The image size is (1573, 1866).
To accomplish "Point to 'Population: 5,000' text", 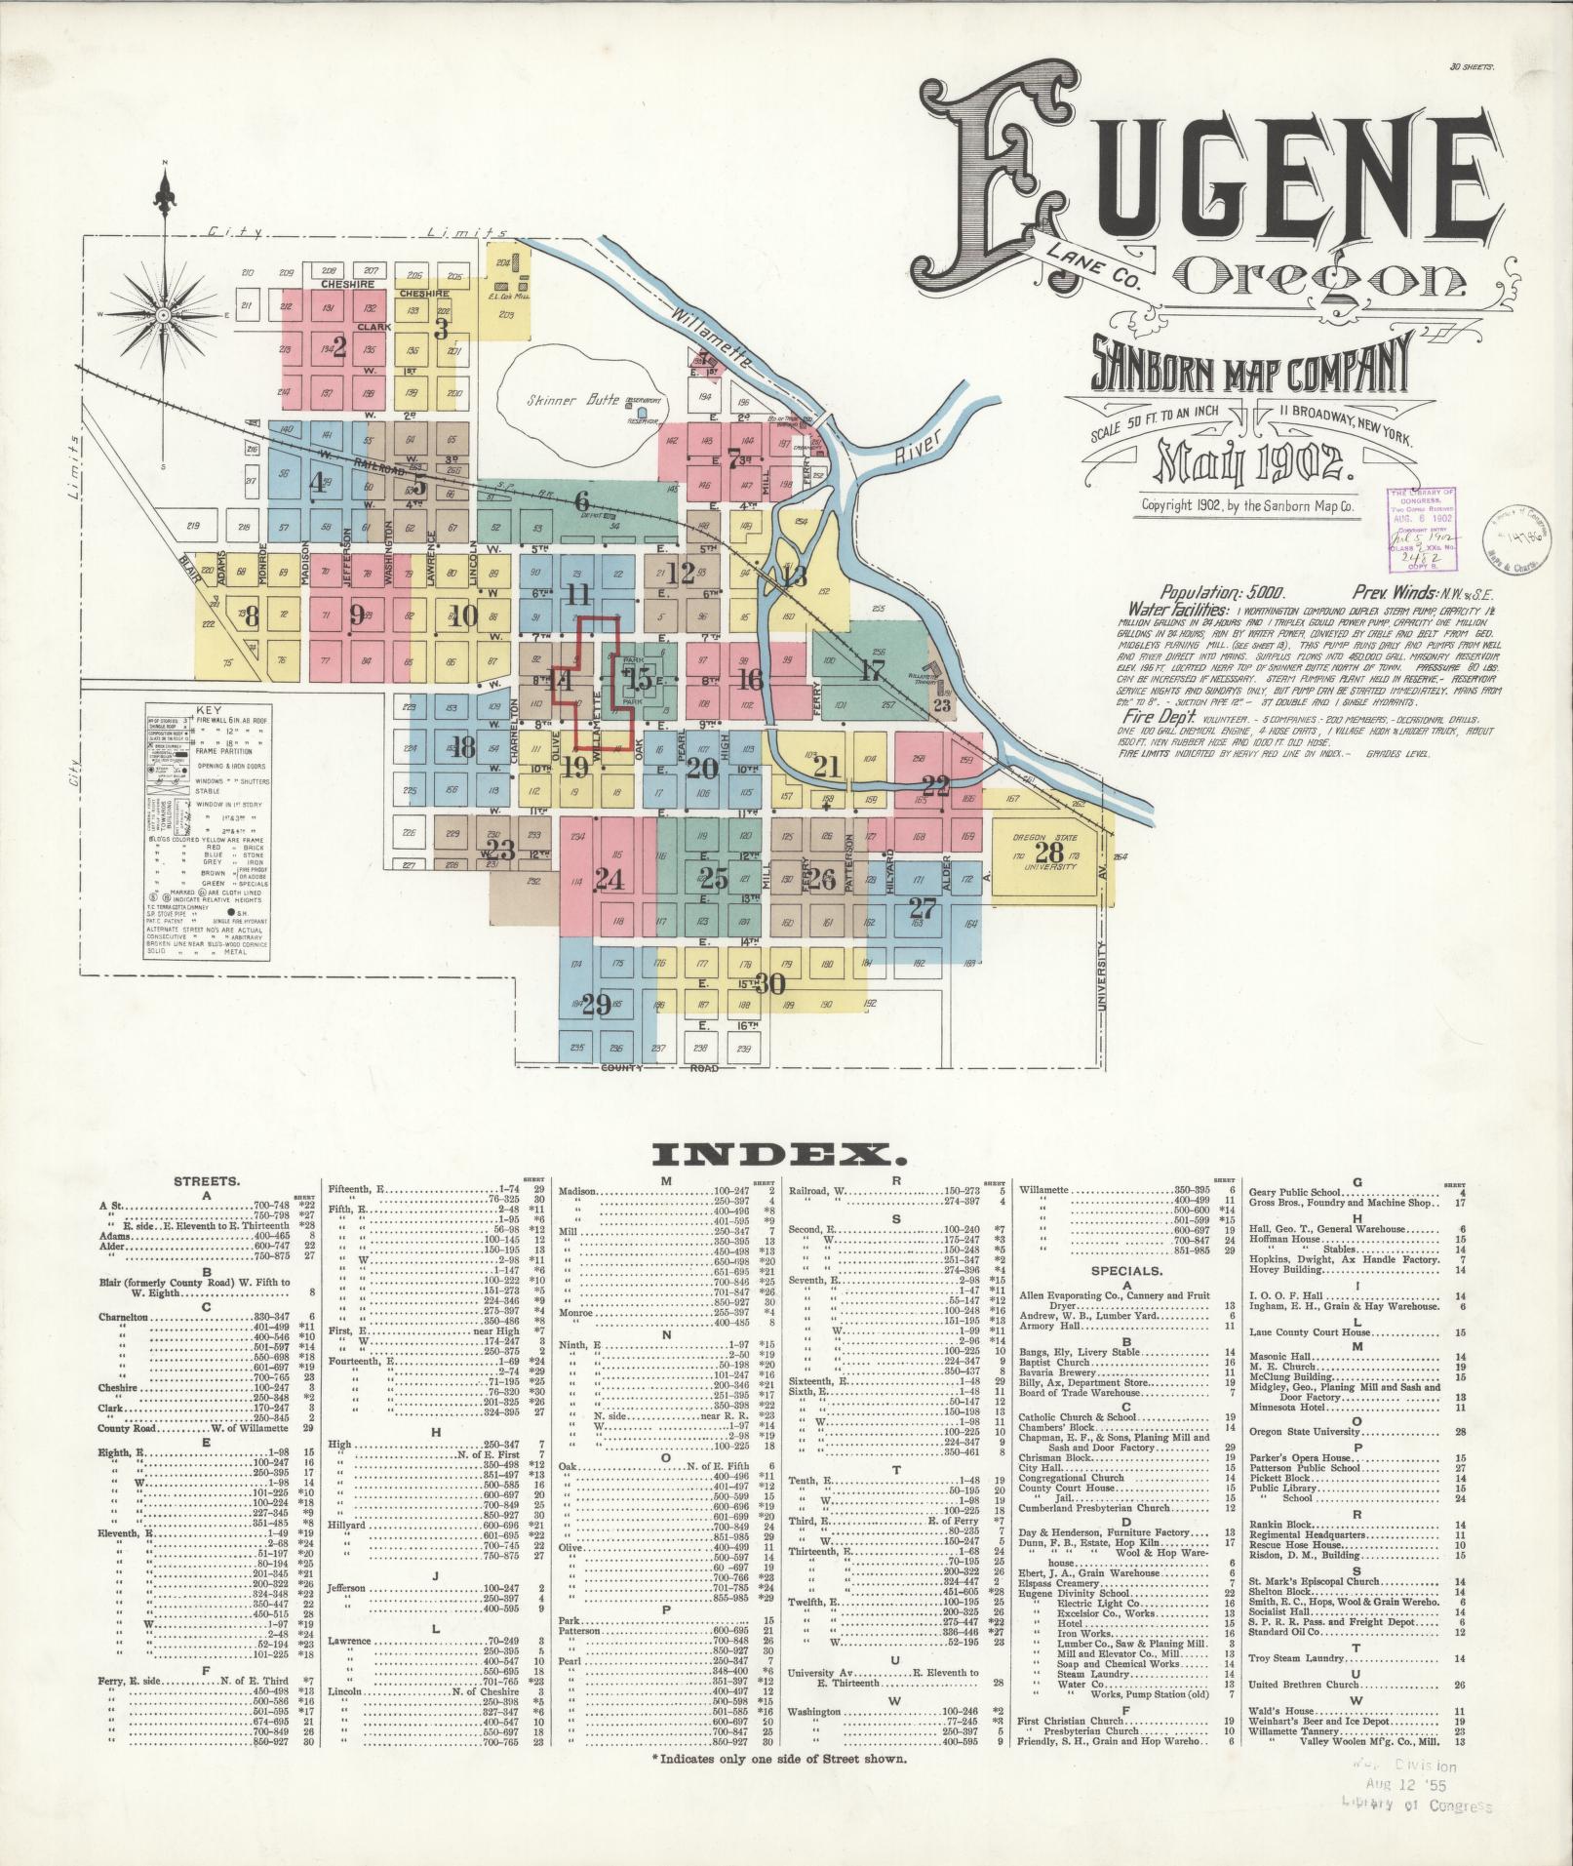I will click(x=1223, y=591).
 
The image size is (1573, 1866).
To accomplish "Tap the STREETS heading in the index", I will click(x=206, y=1181).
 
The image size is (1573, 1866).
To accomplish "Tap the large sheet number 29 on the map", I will click(x=595, y=1004).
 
